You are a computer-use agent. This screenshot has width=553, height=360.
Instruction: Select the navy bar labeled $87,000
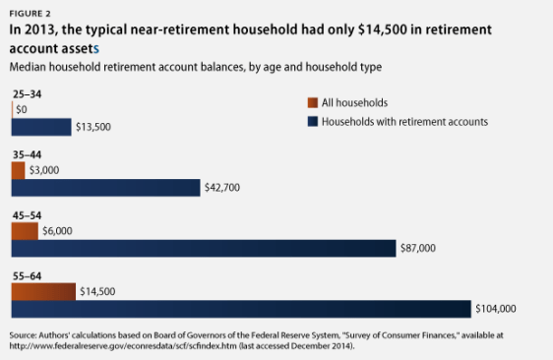(x=203, y=248)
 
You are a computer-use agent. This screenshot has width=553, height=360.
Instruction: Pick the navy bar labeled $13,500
(x=41, y=126)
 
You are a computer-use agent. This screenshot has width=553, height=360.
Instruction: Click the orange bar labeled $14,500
(x=42, y=291)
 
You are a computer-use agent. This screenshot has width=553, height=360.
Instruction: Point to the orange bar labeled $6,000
(x=25, y=231)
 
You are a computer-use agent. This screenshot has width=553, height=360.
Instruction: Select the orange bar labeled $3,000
(x=18, y=170)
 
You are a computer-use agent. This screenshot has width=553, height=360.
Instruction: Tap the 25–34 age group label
(x=27, y=93)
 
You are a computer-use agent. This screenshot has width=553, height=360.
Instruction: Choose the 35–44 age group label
(x=27, y=154)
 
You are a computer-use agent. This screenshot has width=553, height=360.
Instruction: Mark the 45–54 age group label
(x=27, y=215)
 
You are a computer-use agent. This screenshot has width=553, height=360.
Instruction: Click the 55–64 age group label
(x=27, y=276)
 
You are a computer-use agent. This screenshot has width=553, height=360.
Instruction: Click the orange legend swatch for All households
(x=313, y=102)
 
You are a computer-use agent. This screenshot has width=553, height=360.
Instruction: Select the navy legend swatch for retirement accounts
(x=313, y=121)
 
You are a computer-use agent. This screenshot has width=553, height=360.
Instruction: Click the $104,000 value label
(x=498, y=309)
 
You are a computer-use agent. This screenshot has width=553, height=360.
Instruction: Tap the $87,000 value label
(x=421, y=248)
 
